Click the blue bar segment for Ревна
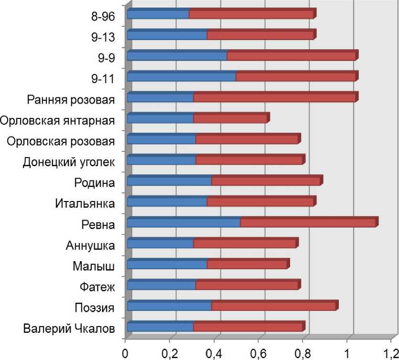click(184, 223)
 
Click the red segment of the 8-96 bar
click(251, 15)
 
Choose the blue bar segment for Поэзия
click(169, 307)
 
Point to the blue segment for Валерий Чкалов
click(160, 328)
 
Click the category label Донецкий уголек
click(69, 162)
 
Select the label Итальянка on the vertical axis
click(84, 204)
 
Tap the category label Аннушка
click(90, 246)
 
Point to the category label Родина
click(94, 183)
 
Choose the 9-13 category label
click(103, 37)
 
